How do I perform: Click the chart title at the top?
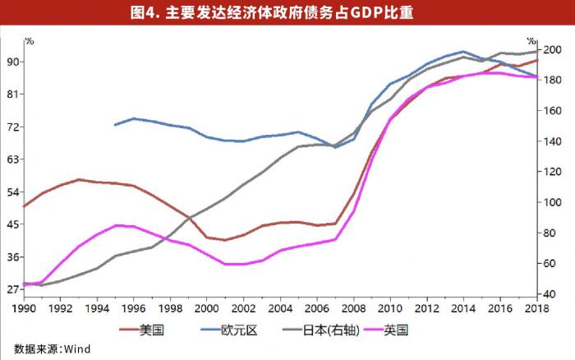(287, 12)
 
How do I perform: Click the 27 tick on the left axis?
(14, 289)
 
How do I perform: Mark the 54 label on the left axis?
(14, 192)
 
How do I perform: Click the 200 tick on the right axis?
(552, 50)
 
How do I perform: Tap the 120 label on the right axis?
(552, 172)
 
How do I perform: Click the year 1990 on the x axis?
(23, 307)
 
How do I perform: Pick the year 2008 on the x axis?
(354, 307)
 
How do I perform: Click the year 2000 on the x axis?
(207, 307)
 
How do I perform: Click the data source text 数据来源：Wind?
(52, 348)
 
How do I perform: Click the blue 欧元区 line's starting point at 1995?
(115, 125)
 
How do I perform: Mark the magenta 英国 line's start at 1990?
(23, 284)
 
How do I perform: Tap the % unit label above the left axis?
(30, 40)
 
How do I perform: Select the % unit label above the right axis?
(531, 40)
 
